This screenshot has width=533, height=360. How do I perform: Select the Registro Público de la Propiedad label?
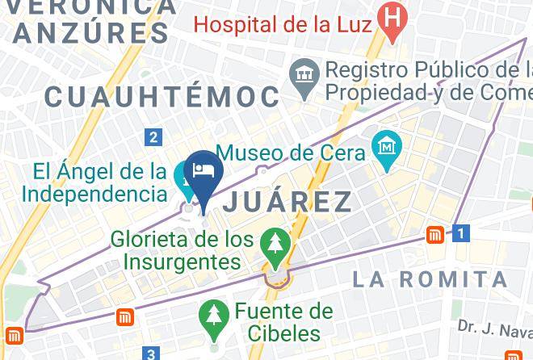coord(429,82)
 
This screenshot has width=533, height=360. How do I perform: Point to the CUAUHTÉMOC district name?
coord(162,97)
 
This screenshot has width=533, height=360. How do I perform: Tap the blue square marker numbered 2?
coord(153,137)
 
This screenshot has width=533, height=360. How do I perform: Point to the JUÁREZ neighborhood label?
coord(287,201)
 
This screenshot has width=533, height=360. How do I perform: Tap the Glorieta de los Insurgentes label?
coord(183,250)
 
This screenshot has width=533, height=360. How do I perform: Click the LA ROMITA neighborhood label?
coord(430,279)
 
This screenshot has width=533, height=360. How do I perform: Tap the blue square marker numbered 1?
coord(461,234)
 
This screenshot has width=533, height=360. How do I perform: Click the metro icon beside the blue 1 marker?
coord(436,235)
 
